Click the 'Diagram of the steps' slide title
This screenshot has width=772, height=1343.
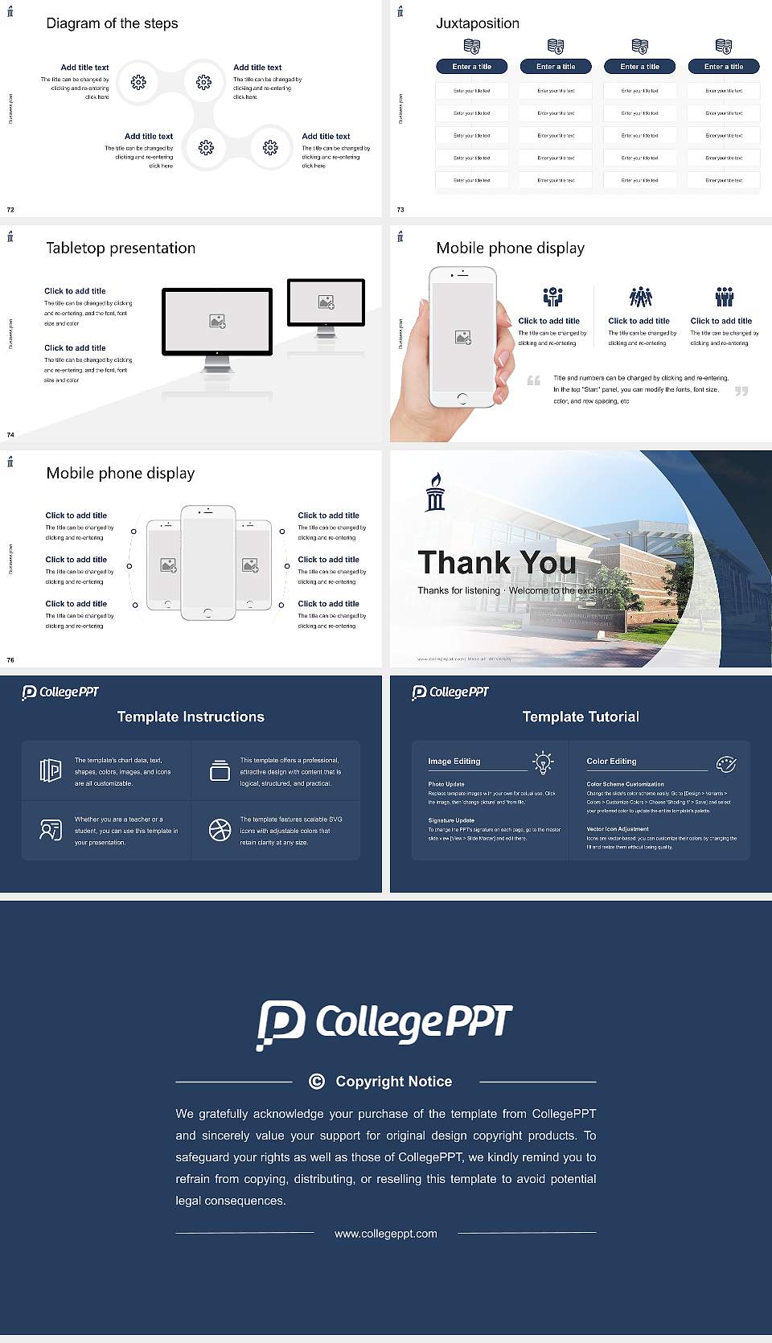(x=112, y=23)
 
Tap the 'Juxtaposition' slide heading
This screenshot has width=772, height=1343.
(x=477, y=23)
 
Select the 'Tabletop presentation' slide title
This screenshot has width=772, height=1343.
(x=121, y=248)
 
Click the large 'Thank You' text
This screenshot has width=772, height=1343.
(x=496, y=563)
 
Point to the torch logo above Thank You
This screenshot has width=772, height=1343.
(x=435, y=491)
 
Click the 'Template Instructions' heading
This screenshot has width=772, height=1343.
(x=191, y=717)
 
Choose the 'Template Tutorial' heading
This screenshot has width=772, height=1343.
(x=581, y=717)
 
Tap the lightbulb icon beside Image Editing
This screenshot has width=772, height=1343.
(x=544, y=762)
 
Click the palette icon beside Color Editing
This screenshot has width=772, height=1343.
(x=726, y=763)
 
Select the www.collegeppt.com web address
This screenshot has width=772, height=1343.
(x=386, y=1234)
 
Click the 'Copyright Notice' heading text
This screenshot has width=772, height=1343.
(x=394, y=1082)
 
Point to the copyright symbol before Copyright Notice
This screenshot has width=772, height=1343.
(x=317, y=1082)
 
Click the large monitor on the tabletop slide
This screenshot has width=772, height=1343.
(x=217, y=322)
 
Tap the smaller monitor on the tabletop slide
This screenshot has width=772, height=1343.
(x=326, y=302)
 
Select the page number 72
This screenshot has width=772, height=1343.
(x=10, y=210)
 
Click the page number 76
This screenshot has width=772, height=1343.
(x=10, y=660)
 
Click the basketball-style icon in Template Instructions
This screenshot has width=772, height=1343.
(x=220, y=830)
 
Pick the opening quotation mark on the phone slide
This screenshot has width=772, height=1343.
(x=533, y=380)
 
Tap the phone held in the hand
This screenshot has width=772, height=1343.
(x=462, y=336)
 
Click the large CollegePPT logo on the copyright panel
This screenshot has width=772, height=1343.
(x=384, y=1024)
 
